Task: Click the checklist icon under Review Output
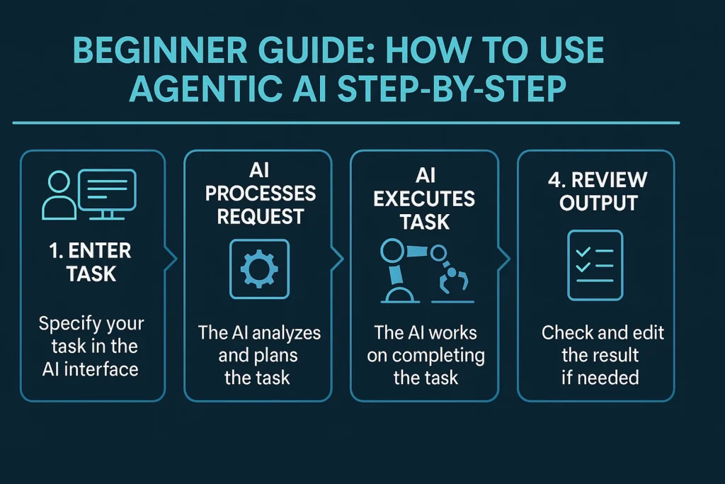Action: click(595, 265)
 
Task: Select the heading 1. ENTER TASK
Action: click(91, 261)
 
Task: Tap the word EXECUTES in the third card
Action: click(424, 199)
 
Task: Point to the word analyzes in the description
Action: click(290, 333)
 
